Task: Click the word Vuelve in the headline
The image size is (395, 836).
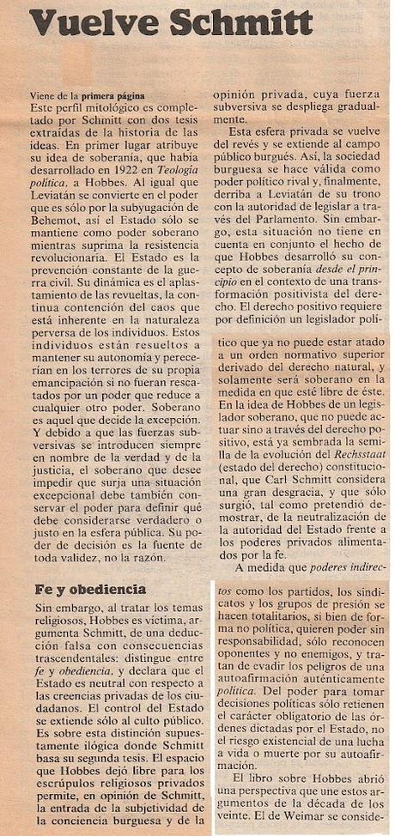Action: click(86, 21)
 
